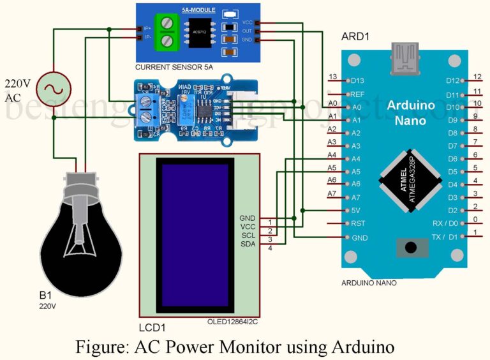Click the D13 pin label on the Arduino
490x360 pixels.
pos(357,81)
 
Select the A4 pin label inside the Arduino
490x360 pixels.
pos(356,158)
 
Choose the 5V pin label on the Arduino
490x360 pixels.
pos(356,210)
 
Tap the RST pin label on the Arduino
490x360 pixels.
pos(358,223)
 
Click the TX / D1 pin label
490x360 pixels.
pos(445,237)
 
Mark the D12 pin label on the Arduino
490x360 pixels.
pos(452,81)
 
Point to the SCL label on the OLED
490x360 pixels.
pos(248,236)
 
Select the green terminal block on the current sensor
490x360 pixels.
pos(166,32)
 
